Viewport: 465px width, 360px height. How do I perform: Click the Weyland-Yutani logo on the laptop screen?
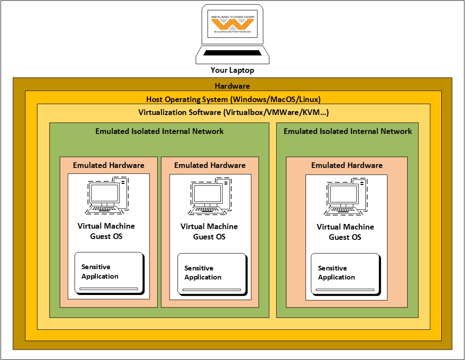click(232, 24)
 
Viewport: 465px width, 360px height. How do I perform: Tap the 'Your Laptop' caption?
click(232, 70)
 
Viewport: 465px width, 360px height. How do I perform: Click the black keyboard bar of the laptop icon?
click(232, 53)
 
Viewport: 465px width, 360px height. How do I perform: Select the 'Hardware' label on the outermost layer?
click(232, 86)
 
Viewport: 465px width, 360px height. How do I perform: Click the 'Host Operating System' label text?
click(233, 99)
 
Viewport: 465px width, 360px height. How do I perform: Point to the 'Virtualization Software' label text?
click(233, 112)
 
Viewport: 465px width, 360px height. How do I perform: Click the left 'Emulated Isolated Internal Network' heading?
click(159, 131)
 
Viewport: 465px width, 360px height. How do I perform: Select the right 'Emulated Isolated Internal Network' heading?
click(347, 131)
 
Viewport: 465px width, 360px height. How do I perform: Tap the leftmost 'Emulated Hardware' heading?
click(109, 165)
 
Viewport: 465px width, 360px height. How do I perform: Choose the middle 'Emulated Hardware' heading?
click(210, 165)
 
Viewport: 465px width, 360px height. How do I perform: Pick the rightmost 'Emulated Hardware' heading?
click(347, 165)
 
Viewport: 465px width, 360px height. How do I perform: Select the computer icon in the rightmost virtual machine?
click(346, 197)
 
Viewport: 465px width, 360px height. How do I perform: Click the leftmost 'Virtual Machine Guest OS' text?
click(106, 231)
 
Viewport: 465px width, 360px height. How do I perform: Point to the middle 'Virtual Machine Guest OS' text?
click(209, 232)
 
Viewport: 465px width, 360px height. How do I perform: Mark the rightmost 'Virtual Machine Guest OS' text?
click(345, 232)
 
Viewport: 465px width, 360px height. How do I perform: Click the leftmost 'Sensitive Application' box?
click(109, 273)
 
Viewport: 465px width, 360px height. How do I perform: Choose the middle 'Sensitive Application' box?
click(212, 274)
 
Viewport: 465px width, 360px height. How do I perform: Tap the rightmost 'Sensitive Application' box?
click(345, 274)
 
